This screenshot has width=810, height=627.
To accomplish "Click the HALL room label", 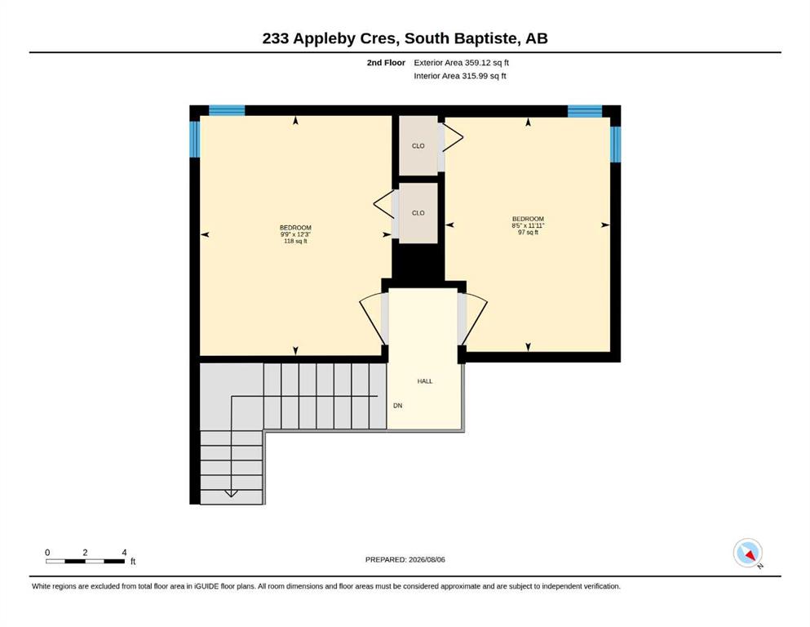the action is tap(425, 381).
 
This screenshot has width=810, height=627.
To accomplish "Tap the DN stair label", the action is tap(398, 406).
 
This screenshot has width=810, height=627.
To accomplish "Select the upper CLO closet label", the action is tap(418, 146).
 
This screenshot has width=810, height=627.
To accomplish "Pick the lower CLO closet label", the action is tap(418, 213).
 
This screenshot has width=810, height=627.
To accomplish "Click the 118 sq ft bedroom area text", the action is tap(295, 241).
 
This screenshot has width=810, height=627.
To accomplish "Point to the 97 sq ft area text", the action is tap(528, 232).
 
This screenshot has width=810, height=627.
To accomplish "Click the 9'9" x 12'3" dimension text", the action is tap(295, 234).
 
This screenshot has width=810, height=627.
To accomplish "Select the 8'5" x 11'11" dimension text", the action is tap(528, 225).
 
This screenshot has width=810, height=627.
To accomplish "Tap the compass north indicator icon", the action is tap(748, 553).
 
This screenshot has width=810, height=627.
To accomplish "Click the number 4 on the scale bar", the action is tap(124, 553).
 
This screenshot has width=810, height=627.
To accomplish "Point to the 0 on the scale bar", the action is tap(47, 553).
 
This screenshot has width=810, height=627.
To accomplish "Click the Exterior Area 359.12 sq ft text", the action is tap(462, 63).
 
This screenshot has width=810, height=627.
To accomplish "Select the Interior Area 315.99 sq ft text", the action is tap(460, 76).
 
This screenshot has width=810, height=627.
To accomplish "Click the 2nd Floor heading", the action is tap(386, 63).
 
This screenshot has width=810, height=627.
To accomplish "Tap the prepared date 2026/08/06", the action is tap(427, 559).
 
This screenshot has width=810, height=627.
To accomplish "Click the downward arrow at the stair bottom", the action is tap(232, 494).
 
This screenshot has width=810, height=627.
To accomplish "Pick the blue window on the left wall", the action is tap(195, 139).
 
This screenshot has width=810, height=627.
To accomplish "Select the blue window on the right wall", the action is tap(615, 145).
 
